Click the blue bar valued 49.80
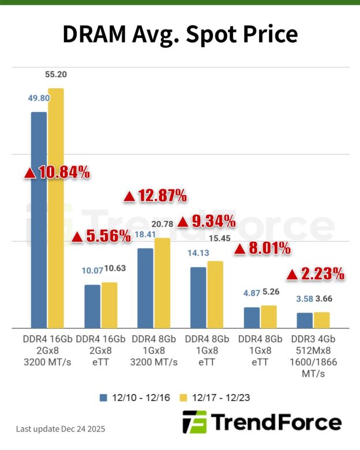pyautogui.click(x=39, y=219)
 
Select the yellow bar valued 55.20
pyautogui.click(x=56, y=208)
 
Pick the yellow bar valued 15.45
pyautogui.click(x=215, y=294)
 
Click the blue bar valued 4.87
pyautogui.click(x=252, y=317)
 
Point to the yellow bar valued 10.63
pyautogui.click(x=109, y=305)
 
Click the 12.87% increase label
pyautogui.click(x=155, y=196)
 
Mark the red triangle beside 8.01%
pyautogui.click(x=238, y=249)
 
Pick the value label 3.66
pyautogui.click(x=322, y=299)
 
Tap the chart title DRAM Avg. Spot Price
pyautogui.click(x=180, y=35)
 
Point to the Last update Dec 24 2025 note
pyautogui.click(x=61, y=429)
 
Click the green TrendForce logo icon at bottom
pyautogui.click(x=194, y=422)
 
